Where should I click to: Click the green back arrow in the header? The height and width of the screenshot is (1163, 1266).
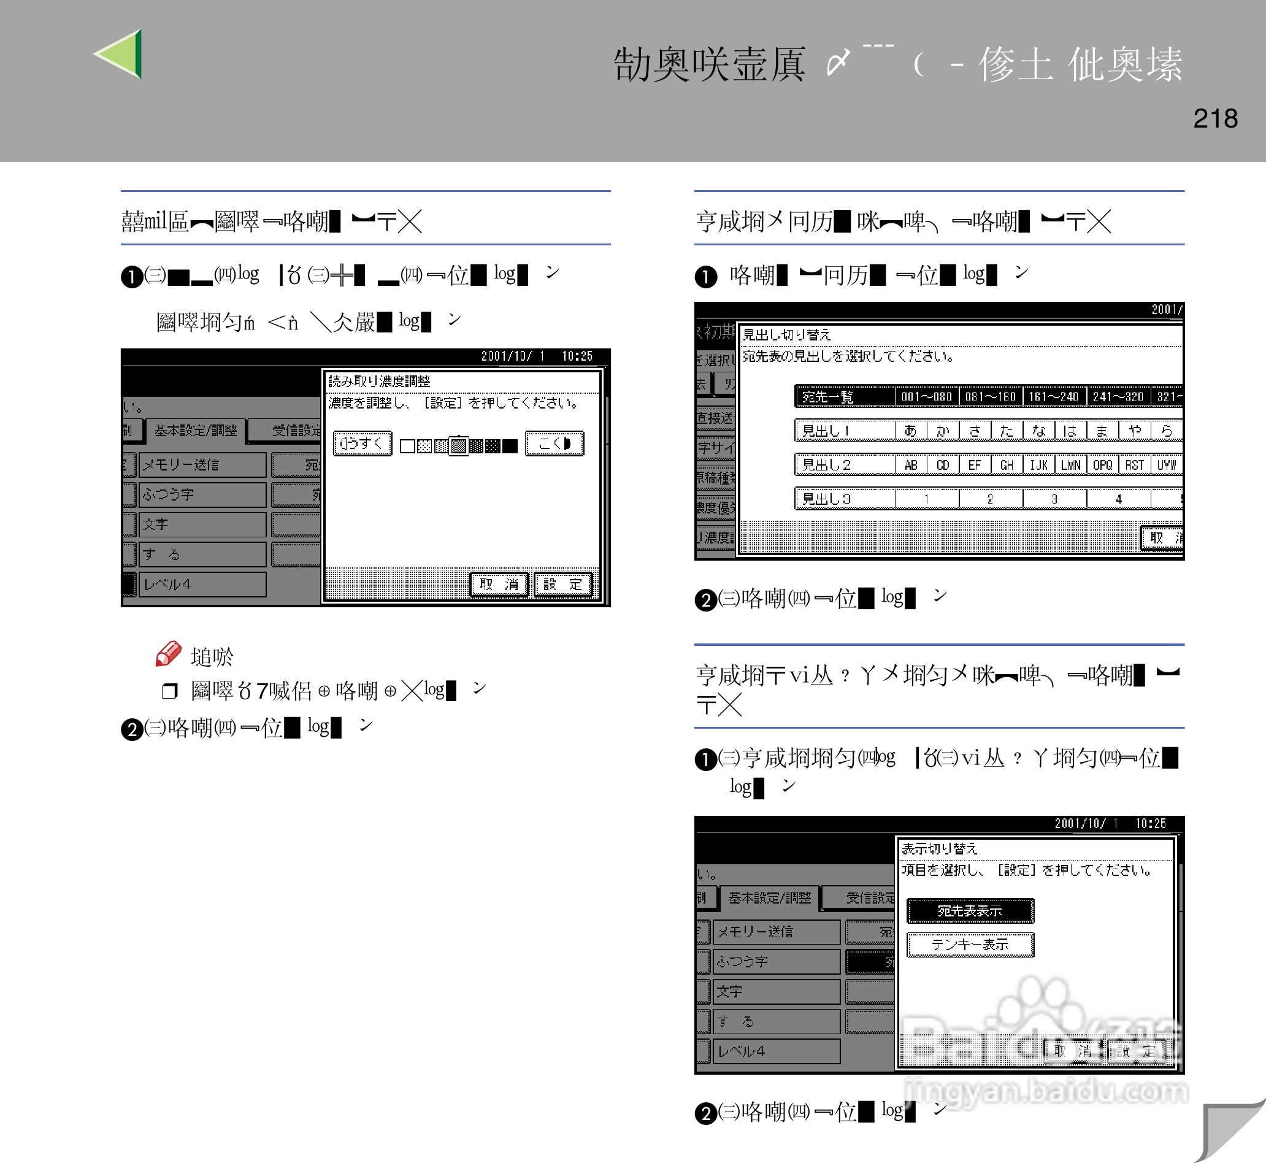[120, 54]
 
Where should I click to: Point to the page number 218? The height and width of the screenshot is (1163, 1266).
[1215, 118]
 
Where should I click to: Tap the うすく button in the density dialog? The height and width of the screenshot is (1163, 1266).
[363, 443]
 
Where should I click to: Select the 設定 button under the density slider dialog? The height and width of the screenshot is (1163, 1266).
[563, 585]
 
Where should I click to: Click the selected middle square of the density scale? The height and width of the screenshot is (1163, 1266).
[459, 445]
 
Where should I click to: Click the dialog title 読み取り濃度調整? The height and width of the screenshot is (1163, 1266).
[380, 381]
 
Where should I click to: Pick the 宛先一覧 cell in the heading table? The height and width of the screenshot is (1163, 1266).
[844, 396]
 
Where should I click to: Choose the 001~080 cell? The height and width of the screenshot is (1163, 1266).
[926, 396]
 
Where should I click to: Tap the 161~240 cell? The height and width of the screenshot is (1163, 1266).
[1054, 396]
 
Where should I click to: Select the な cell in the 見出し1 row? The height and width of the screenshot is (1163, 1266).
[1039, 431]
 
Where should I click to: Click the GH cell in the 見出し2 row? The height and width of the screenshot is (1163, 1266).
[1007, 464]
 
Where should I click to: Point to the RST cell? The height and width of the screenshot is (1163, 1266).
[1135, 464]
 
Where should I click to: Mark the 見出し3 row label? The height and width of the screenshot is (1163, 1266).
[844, 499]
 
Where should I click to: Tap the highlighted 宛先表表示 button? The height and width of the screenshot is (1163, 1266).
[970, 911]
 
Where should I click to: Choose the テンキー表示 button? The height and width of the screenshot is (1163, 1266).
[970, 945]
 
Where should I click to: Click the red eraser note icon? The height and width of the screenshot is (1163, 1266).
[168, 654]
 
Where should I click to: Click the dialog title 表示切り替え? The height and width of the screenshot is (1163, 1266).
[940, 848]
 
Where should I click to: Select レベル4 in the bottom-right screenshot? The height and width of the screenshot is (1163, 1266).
[775, 1051]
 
